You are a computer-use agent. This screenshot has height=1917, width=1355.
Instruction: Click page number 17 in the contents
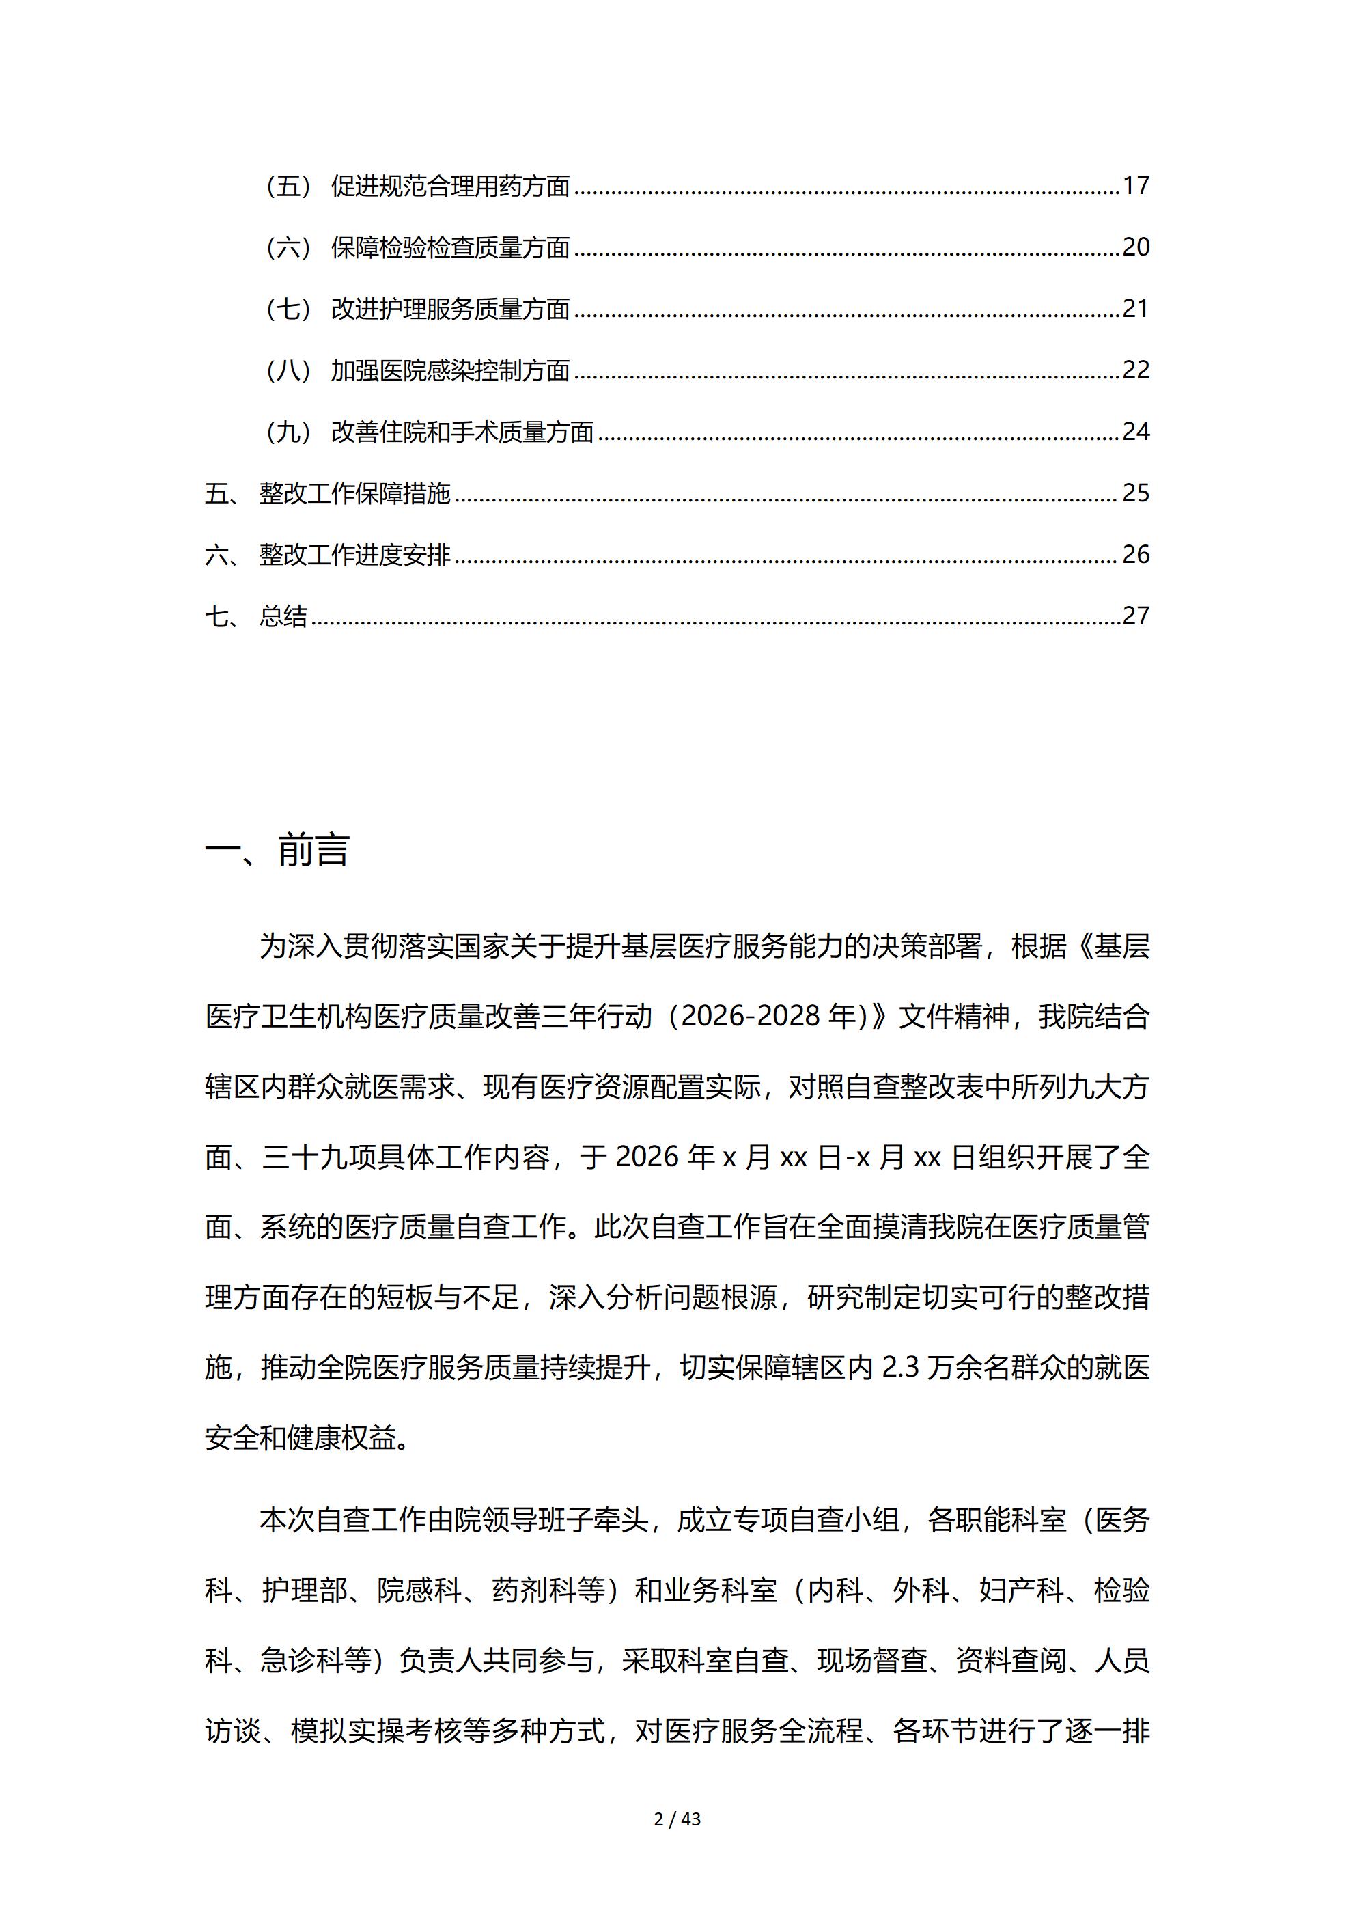tap(1136, 185)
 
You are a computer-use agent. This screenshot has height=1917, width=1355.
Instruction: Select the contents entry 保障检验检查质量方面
tap(450, 247)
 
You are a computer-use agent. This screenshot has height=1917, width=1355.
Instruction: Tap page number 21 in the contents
tap(1136, 309)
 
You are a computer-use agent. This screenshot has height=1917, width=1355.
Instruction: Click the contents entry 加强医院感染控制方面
tap(450, 370)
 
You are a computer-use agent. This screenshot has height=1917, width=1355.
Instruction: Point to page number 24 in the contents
tap(1136, 432)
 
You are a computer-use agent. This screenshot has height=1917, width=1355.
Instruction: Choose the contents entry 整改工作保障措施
tap(355, 493)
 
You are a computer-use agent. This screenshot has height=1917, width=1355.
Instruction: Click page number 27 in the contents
tap(1136, 616)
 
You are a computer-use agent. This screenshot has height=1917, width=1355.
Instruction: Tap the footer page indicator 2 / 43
tap(677, 1819)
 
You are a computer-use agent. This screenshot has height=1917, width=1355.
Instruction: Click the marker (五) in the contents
tap(288, 185)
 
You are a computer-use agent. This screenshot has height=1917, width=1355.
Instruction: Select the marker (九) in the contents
tap(288, 432)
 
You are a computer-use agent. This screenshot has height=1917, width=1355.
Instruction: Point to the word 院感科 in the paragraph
tap(420, 1590)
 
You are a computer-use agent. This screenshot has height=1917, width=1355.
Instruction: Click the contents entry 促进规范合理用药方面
tap(450, 185)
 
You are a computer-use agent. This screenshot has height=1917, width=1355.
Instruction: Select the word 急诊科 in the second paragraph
tap(303, 1661)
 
